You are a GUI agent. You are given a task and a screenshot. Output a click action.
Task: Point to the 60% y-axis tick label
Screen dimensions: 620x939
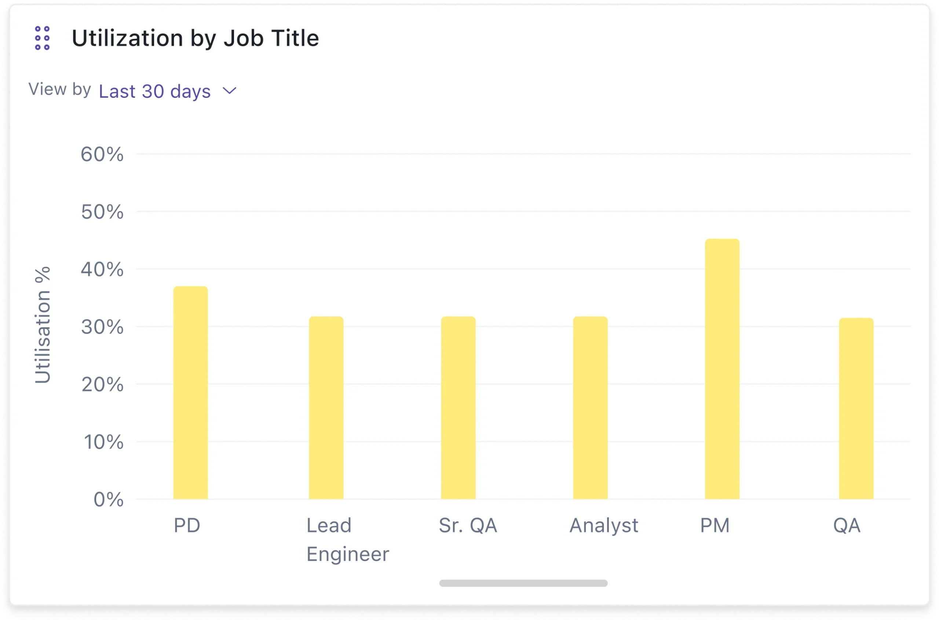[102, 154]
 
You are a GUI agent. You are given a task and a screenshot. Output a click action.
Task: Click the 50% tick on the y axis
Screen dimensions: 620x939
[102, 212]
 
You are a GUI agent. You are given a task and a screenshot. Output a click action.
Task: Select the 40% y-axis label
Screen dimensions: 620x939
[102, 270]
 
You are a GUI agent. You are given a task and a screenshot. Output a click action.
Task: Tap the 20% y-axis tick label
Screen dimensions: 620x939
[102, 384]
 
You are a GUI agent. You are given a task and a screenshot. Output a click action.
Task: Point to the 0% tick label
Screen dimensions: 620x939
[108, 500]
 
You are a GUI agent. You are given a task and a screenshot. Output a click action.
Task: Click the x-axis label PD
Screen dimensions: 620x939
[187, 525]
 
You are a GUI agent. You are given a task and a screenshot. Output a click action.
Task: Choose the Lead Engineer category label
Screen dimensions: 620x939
[347, 540]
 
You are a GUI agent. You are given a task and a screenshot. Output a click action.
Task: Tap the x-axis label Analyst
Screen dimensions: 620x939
[603, 525]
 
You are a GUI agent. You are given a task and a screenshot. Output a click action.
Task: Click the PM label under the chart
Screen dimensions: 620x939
[715, 525]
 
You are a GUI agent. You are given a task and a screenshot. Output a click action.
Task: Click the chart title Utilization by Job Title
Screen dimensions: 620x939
[195, 38]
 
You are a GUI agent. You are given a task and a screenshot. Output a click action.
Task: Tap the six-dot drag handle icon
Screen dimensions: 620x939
[42, 38]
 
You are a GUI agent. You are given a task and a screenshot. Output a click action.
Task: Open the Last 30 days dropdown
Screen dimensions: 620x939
[155, 91]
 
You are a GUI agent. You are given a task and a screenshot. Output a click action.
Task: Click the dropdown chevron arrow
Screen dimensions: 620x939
[230, 91]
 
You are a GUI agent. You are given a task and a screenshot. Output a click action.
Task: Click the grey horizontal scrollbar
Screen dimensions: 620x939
[523, 583]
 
